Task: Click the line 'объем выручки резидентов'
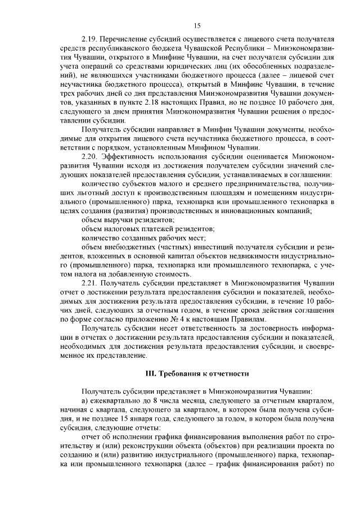click(x=128, y=220)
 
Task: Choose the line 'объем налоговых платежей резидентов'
click(x=148, y=229)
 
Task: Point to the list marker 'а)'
click(x=85, y=400)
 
